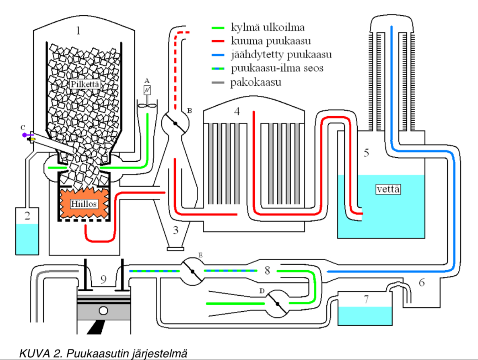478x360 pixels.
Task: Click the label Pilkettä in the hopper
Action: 84,84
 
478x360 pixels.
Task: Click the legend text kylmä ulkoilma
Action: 267,28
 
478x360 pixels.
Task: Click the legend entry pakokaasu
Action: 255,83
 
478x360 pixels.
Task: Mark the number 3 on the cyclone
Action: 176,230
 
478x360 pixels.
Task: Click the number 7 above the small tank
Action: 365,299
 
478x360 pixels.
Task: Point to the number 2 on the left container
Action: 27,216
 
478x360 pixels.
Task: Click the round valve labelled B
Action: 176,123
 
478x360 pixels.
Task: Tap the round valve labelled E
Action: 192,272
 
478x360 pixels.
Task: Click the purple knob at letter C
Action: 24,135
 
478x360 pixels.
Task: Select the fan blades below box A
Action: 147,106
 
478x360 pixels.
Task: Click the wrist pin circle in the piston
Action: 104,311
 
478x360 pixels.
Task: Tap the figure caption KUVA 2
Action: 103,354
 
